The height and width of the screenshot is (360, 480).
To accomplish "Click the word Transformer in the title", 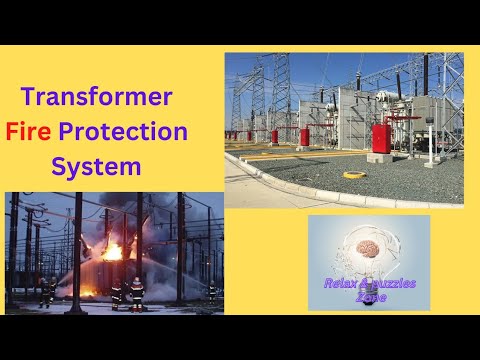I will [x=97, y=98].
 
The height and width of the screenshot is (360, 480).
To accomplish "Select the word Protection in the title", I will [x=136, y=130].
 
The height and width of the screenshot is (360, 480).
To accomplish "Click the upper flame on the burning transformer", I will [x=113, y=251].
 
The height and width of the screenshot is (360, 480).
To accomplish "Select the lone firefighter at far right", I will [x=211, y=293].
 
